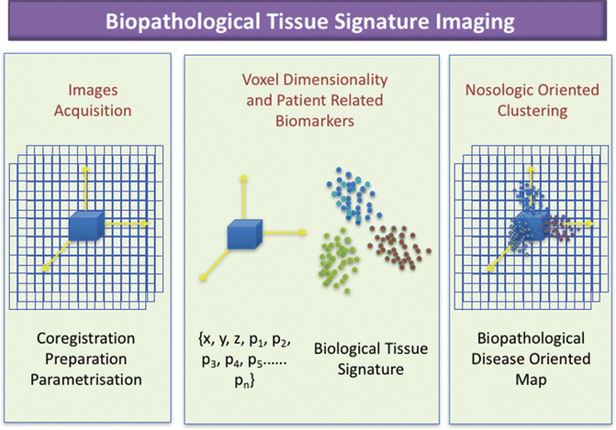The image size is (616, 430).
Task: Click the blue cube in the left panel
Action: (x=87, y=226)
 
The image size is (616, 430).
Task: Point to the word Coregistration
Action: (x=88, y=336)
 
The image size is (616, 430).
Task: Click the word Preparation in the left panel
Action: (x=88, y=358)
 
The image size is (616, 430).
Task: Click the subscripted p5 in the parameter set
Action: (x=268, y=359)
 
